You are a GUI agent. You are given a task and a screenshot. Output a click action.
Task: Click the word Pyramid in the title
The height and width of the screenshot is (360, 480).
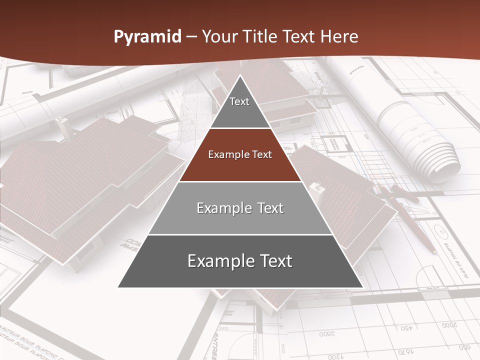pyautogui.click(x=147, y=37)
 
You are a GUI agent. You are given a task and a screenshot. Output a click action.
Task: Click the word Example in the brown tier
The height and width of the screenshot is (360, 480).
pyautogui.click(x=227, y=154)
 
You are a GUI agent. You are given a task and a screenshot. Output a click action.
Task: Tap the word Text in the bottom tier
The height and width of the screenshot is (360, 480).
pyautogui.click(x=273, y=261)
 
